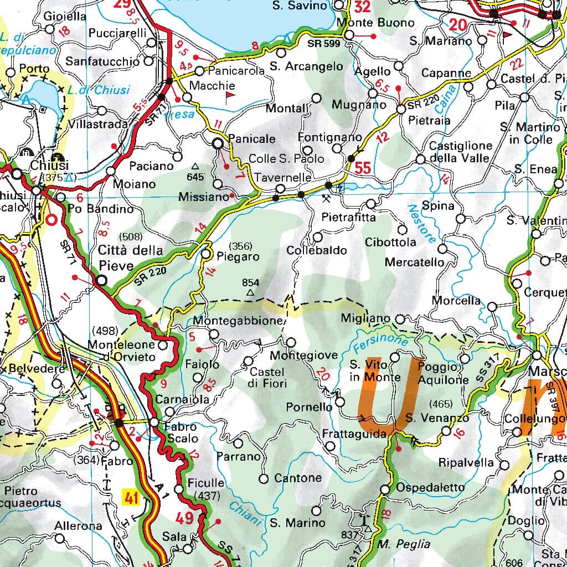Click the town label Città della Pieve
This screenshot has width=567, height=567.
pyautogui.click(x=116, y=258)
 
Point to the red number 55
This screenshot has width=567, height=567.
pyautogui.click(x=363, y=168)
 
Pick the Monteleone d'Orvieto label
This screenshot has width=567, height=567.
pyautogui.click(x=122, y=350)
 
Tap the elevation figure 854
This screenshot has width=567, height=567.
pyautogui.click(x=250, y=282)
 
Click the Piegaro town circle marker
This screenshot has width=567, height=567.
pyautogui.click(x=207, y=254)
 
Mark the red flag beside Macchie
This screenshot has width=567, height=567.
pyautogui.click(x=230, y=97)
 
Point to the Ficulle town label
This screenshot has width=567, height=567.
pyautogui.click(x=205, y=482)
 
